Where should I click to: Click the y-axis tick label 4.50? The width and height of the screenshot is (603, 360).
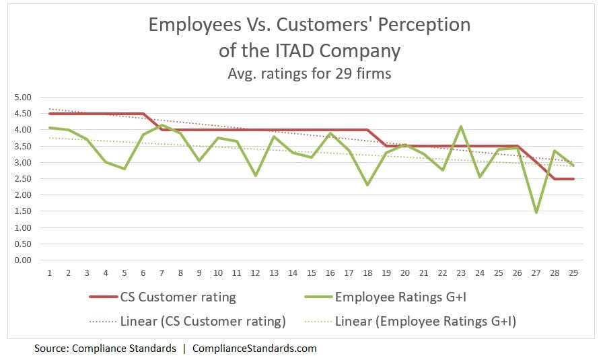pyautogui.click(x=22, y=114)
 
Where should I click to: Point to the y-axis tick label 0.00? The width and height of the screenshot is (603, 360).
pyautogui.click(x=22, y=260)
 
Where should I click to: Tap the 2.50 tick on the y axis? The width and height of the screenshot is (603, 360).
pyautogui.click(x=22, y=179)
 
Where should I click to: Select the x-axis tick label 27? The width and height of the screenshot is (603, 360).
pyautogui.click(x=536, y=274)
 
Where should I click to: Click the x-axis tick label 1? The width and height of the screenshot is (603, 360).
pyautogui.click(x=49, y=274)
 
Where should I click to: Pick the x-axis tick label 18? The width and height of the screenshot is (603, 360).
pyautogui.click(x=367, y=274)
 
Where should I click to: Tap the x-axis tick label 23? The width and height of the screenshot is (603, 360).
pyautogui.click(x=461, y=274)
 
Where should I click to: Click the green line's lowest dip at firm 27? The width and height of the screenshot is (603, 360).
pyautogui.click(x=536, y=213)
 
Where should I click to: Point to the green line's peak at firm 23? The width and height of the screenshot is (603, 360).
pyautogui.click(x=461, y=127)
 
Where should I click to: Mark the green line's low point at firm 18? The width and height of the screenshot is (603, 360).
pyautogui.click(x=367, y=185)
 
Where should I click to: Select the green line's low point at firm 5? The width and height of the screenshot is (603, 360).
pyautogui.click(x=125, y=169)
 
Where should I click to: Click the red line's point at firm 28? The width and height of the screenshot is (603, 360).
pyautogui.click(x=555, y=178)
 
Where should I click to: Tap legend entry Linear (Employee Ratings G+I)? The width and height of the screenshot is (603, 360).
pyautogui.click(x=425, y=322)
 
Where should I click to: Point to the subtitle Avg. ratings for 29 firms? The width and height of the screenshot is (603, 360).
pyautogui.click(x=309, y=73)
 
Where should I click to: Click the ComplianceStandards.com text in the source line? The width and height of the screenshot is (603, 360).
pyautogui.click(x=254, y=349)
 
